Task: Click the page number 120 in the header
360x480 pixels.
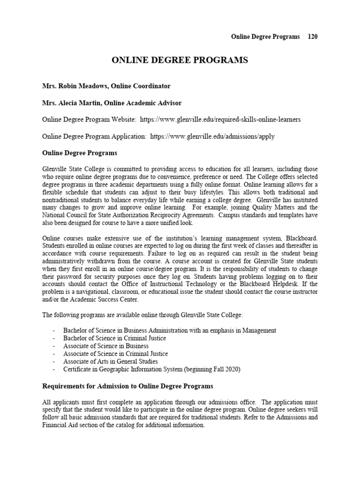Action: click(313, 37)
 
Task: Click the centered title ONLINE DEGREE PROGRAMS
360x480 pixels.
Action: click(180, 60)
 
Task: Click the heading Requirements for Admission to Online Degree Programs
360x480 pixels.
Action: click(127, 386)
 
